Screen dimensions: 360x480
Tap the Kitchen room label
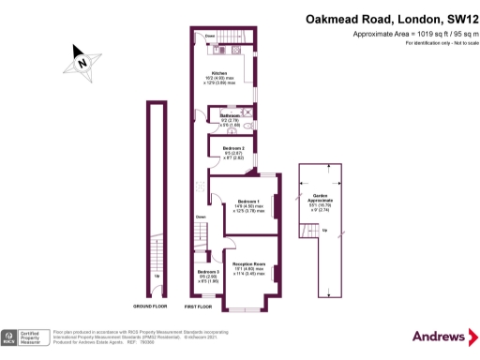pos(219,72)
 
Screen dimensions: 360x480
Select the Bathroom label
pos(230,115)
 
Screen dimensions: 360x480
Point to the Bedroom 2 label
pos(233,148)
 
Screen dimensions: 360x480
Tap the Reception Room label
pos(250,265)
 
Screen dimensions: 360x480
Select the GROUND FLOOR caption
pos(150,307)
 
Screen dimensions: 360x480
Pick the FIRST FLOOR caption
pos(199,307)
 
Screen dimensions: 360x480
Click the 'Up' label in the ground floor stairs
pos(156,277)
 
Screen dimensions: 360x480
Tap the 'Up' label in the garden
pos(324,231)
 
